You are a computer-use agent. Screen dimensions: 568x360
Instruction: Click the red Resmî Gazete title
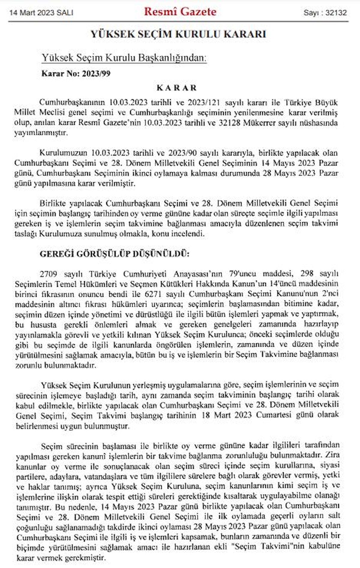[180, 12]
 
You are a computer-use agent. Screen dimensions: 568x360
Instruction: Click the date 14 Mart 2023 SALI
[41, 13]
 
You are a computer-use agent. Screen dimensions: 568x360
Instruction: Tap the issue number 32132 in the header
[336, 13]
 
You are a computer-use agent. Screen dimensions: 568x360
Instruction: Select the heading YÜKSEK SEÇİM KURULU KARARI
[178, 34]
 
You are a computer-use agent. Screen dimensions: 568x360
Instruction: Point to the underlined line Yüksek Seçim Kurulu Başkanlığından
[124, 57]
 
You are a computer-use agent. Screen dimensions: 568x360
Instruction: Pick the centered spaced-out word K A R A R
[177, 88]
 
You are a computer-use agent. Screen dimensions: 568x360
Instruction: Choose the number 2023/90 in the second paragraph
[182, 153]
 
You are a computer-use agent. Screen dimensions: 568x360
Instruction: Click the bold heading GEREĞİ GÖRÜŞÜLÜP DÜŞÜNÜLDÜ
[114, 254]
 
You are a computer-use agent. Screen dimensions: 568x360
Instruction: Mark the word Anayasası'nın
[198, 274]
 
